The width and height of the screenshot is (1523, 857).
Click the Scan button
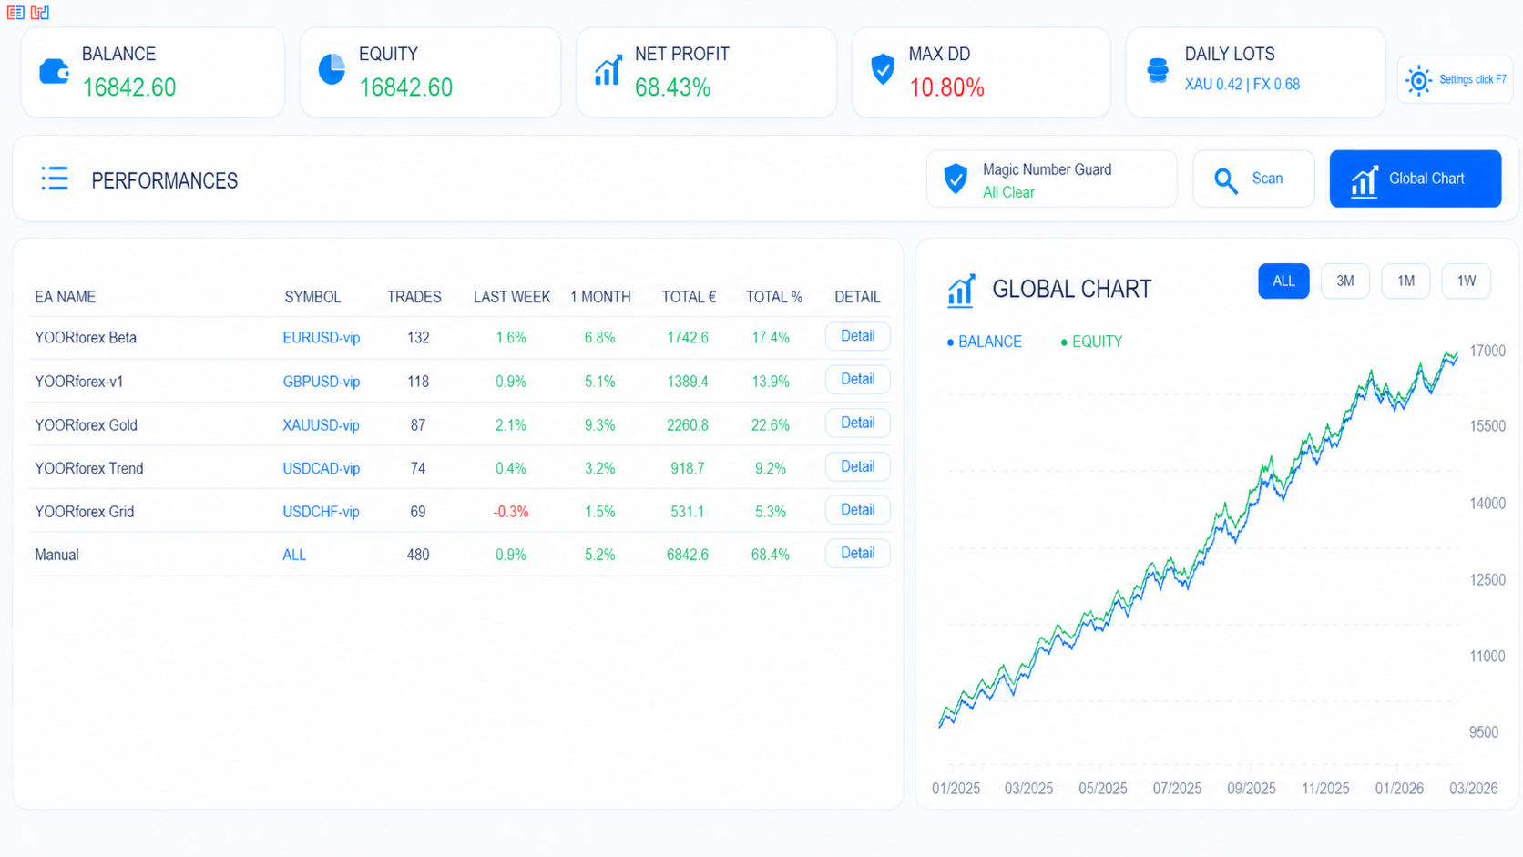(x=1253, y=179)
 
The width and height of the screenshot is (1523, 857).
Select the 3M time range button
(x=1344, y=281)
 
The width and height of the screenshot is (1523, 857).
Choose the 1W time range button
(x=1466, y=281)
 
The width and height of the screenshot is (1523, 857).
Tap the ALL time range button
(x=1283, y=281)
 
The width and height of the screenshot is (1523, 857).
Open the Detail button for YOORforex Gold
(x=857, y=423)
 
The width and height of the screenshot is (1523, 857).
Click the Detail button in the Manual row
(x=857, y=554)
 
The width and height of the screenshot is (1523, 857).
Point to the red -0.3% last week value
(x=510, y=512)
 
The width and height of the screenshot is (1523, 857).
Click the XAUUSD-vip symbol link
(x=321, y=425)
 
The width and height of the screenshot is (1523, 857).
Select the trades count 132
(x=418, y=338)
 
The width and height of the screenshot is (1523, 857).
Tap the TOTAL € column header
(x=689, y=297)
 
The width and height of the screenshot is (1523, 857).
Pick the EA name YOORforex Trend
(x=88, y=468)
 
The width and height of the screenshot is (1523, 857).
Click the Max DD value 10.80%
(x=946, y=87)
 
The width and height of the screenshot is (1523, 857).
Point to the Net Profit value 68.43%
(x=672, y=87)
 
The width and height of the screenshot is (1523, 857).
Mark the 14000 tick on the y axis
(x=1487, y=503)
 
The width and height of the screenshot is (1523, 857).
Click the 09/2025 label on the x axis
(x=1251, y=789)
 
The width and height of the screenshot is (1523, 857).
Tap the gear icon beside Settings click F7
(x=1418, y=80)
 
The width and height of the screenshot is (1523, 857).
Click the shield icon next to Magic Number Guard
(x=956, y=179)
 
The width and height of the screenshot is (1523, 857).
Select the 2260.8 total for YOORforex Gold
(x=687, y=425)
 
